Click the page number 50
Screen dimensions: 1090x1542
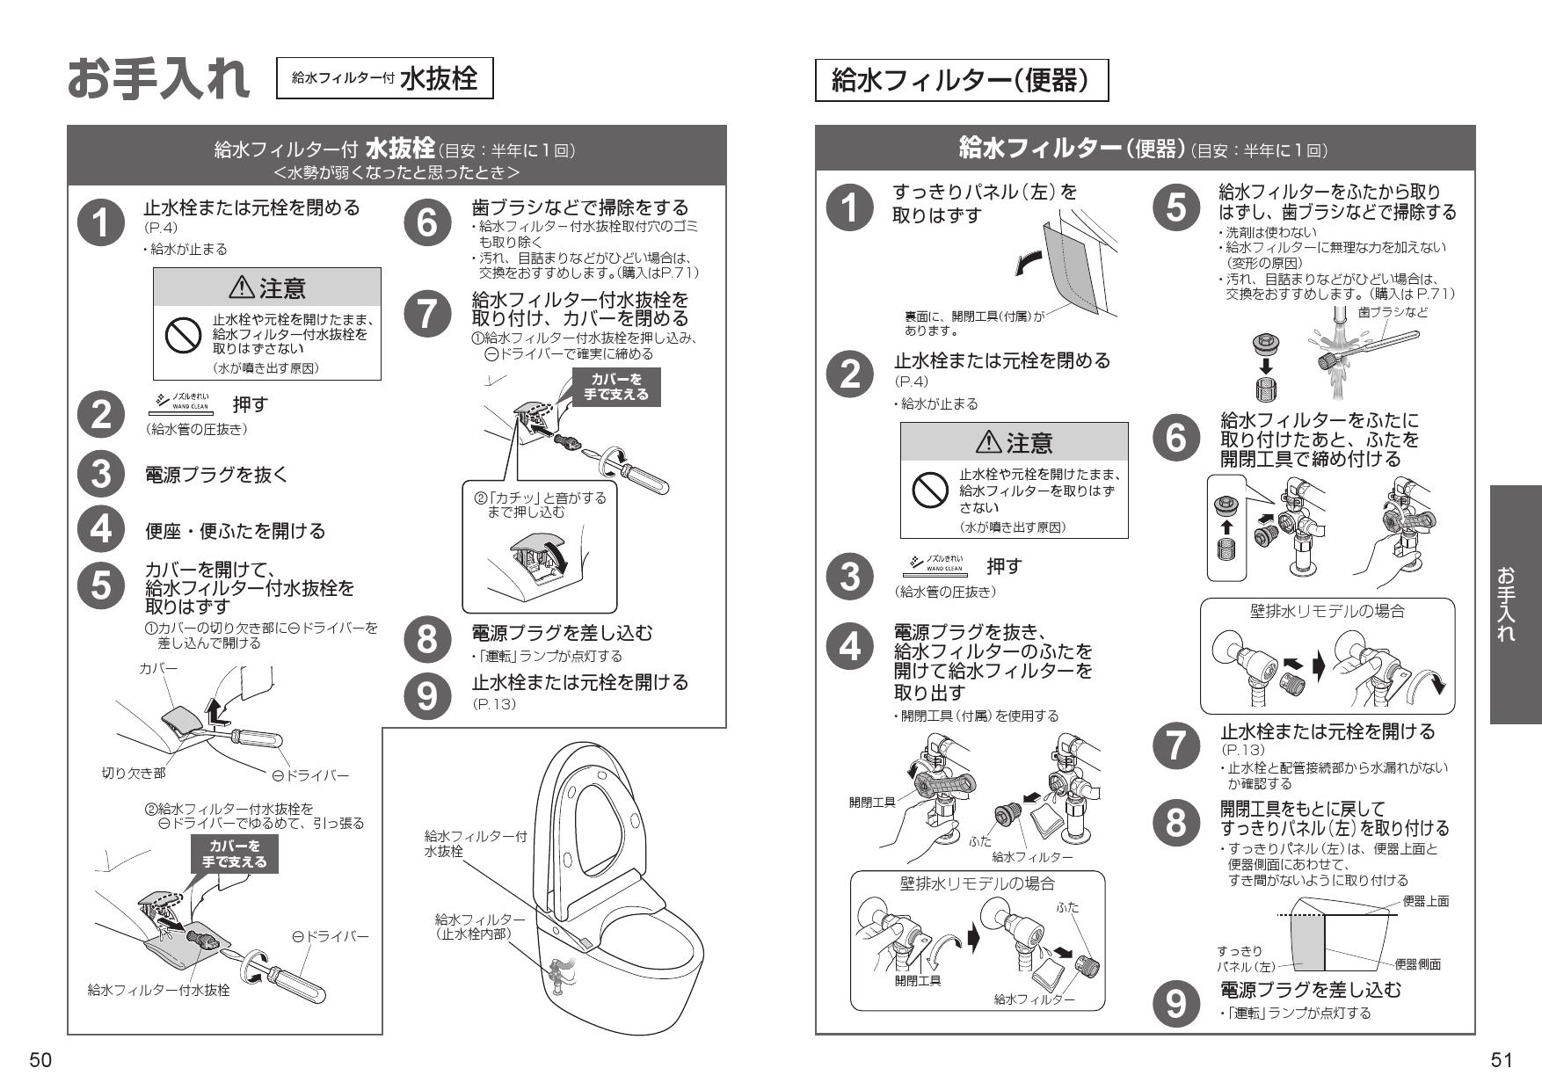click(x=41, y=1060)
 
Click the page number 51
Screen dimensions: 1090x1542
click(x=1502, y=1060)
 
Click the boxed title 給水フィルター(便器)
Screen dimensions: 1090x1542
click(x=961, y=81)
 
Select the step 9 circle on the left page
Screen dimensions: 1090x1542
click(x=426, y=695)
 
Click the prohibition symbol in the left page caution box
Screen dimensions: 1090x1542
click(x=184, y=335)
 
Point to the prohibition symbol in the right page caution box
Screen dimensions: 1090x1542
click(x=930, y=490)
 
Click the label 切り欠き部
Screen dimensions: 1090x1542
click(x=133, y=773)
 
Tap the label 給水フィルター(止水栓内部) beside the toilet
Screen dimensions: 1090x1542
click(x=480, y=926)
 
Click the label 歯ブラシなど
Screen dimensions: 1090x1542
click(x=1393, y=312)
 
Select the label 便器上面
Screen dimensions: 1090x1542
click(x=1426, y=901)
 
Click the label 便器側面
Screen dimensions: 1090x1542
click(x=1417, y=964)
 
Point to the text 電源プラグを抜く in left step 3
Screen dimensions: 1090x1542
click(x=216, y=475)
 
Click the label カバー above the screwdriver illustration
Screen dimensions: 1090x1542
click(x=158, y=669)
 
